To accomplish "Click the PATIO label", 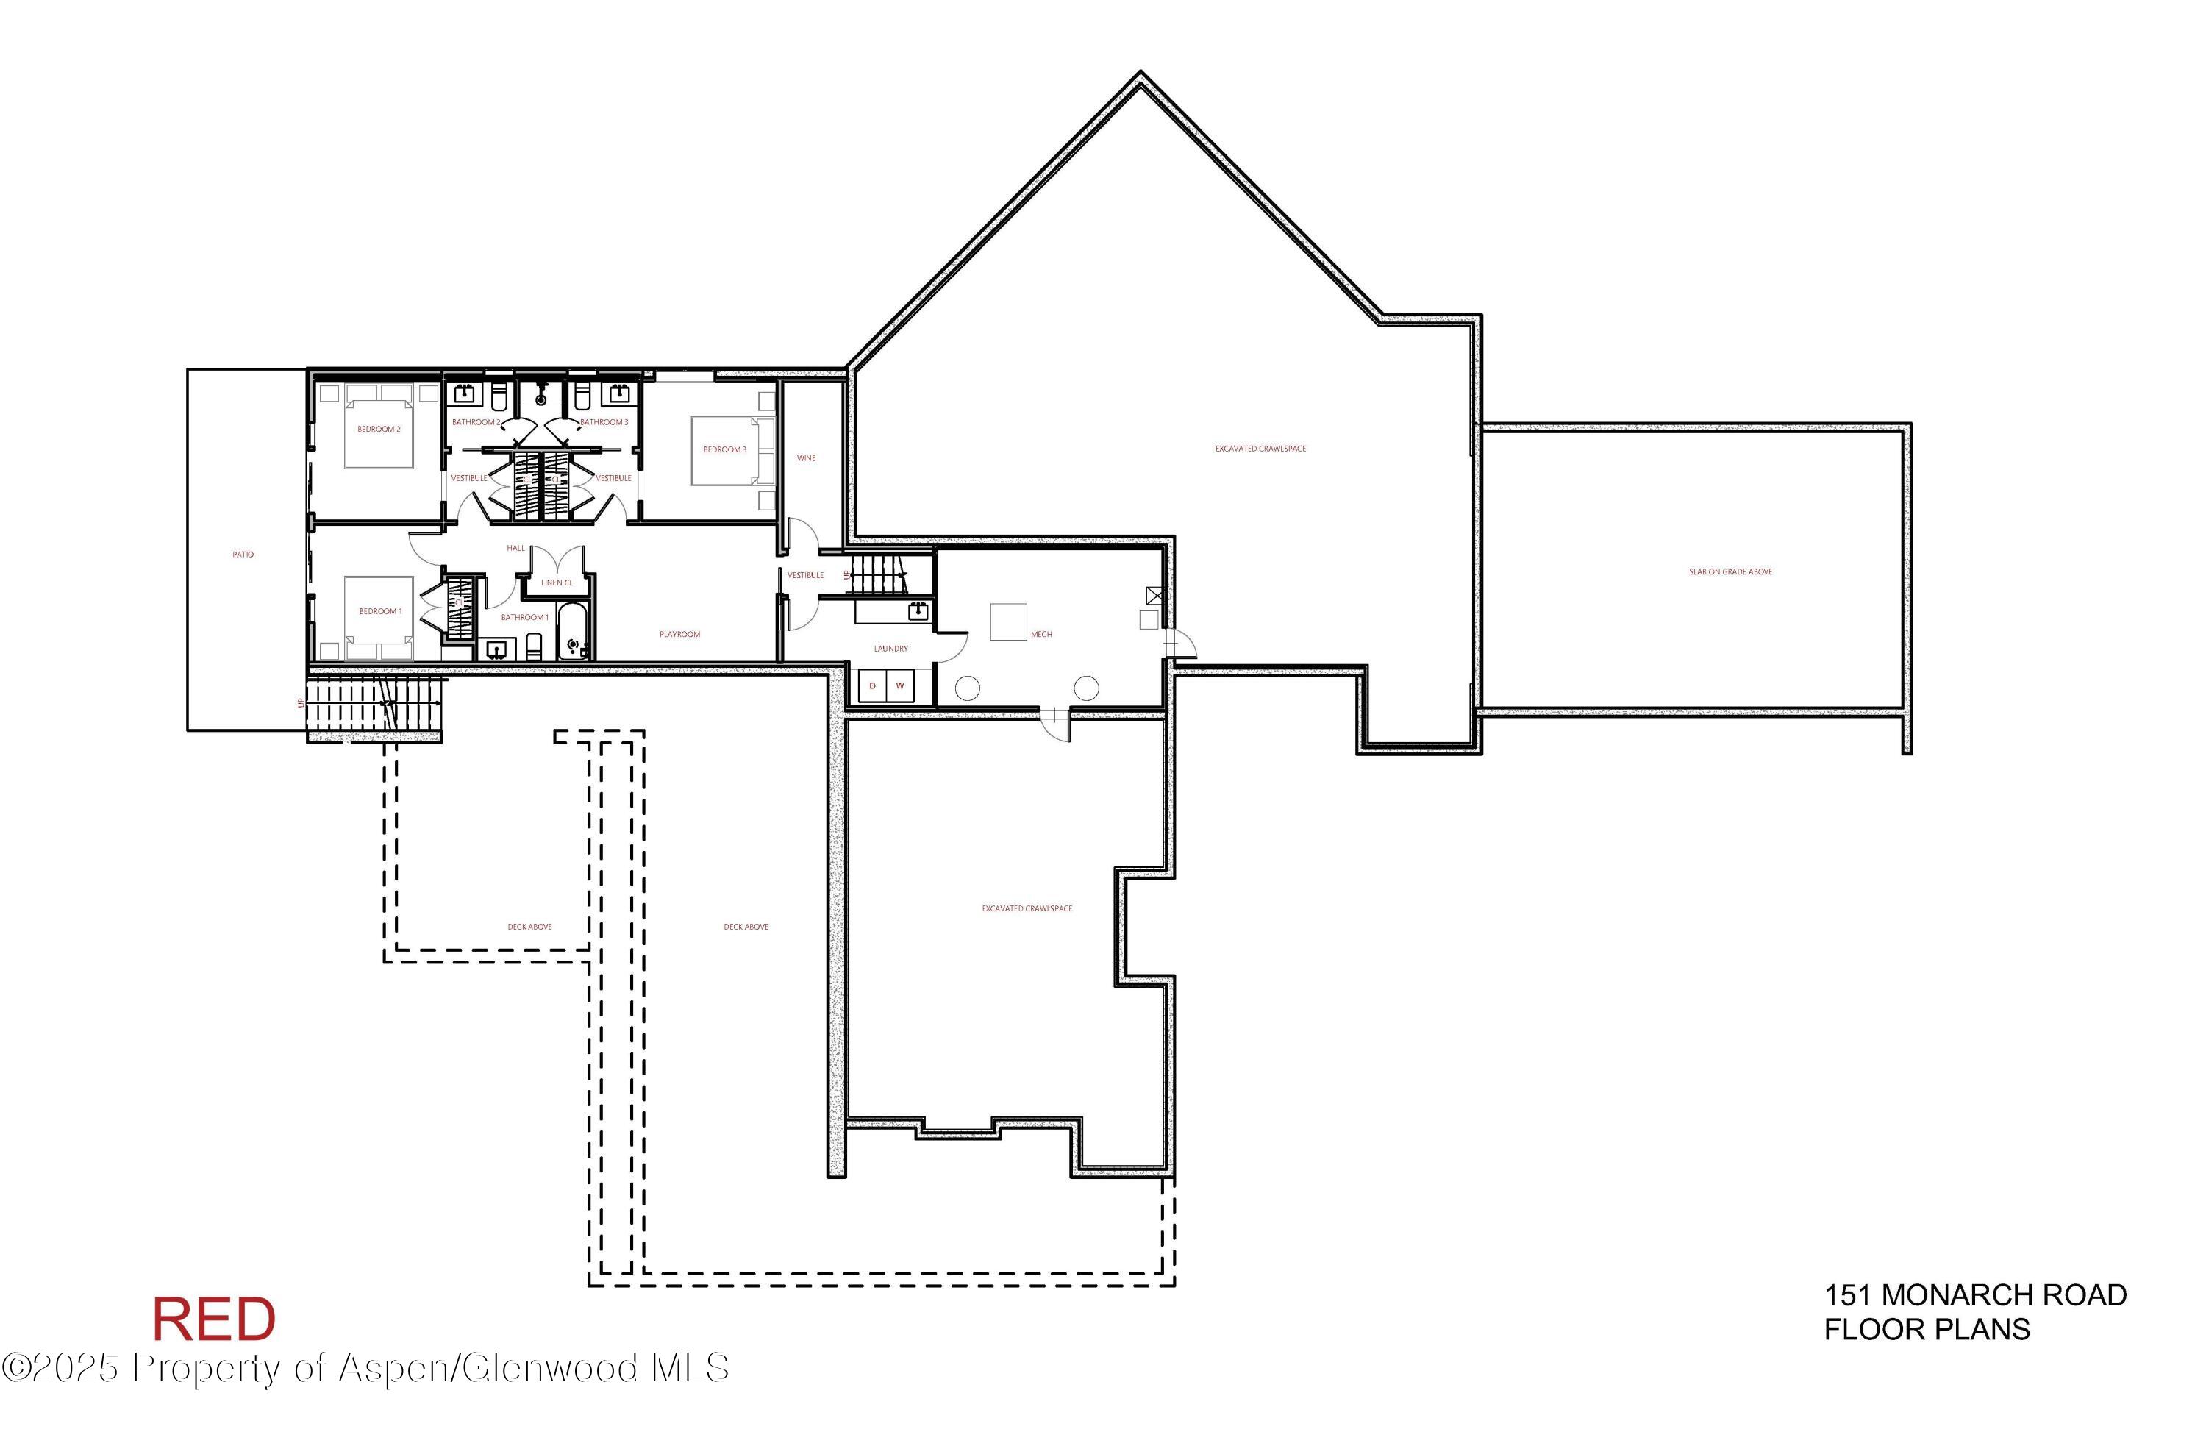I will coord(243,555).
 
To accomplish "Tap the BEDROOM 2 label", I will coord(379,429).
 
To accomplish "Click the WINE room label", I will coord(807,458).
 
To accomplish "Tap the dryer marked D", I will coord(872,686).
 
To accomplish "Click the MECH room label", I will coord(1041,635).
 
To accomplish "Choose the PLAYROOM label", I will coord(679,634).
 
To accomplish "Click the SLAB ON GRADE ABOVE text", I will coord(1730,572).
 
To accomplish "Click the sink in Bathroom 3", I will coord(617,394).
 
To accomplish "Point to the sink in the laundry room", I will coord(918,610).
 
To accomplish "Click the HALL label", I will coord(516,548).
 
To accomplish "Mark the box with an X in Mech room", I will coord(1154,595).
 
